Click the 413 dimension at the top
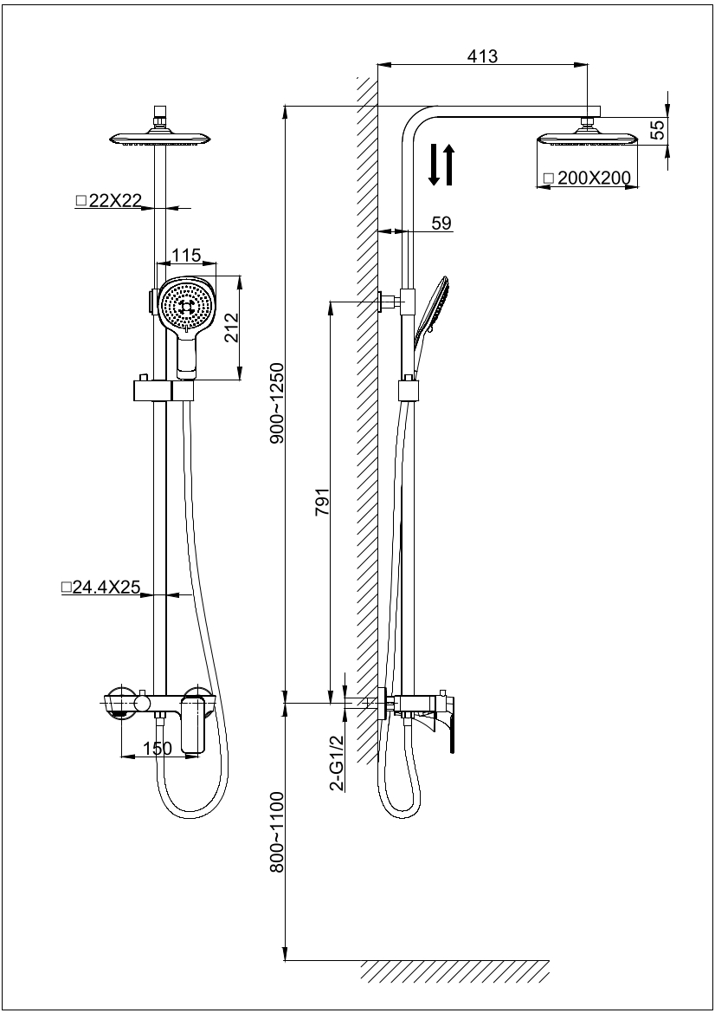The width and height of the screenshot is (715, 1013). (x=482, y=56)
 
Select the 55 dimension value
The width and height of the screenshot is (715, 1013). (x=658, y=130)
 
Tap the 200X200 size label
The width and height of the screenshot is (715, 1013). (x=589, y=179)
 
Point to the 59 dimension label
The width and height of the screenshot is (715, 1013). (x=441, y=223)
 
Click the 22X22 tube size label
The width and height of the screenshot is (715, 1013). (x=109, y=200)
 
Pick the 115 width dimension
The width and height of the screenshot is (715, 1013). (x=186, y=255)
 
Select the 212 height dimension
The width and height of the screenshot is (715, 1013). (x=231, y=328)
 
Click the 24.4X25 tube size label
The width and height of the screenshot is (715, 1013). (x=101, y=588)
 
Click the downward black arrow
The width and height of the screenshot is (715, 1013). (x=435, y=166)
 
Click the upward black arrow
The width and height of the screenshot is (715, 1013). (x=448, y=165)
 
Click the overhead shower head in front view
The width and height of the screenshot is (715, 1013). (x=160, y=138)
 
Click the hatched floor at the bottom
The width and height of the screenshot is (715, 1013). (x=454, y=971)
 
